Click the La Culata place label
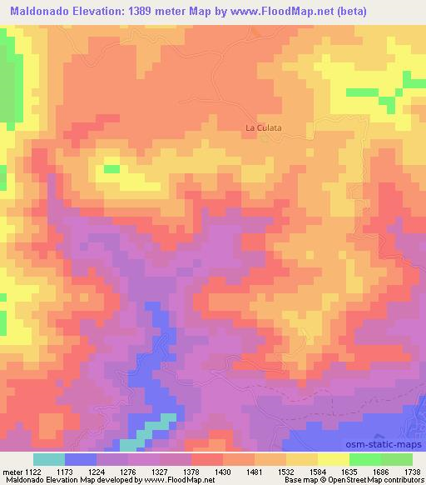[263, 127]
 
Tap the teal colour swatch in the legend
[48, 459]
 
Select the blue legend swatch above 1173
[81, 459]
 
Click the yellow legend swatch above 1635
[333, 459]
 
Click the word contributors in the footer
[403, 480]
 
